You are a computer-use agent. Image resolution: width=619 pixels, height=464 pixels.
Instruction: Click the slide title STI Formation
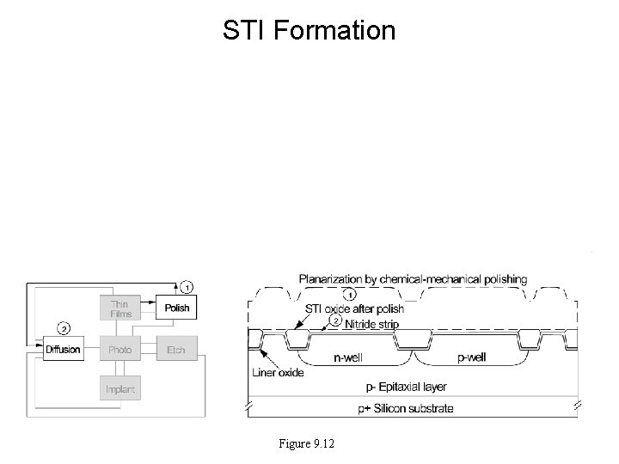click(309, 31)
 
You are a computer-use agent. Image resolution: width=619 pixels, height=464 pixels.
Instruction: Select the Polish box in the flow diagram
click(176, 308)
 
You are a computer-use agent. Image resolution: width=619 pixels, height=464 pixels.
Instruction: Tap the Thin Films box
click(120, 308)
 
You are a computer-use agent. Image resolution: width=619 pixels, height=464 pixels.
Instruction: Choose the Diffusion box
click(63, 350)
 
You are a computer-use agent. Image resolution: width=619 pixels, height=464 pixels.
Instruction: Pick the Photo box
click(120, 350)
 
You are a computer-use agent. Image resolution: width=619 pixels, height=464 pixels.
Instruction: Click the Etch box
click(175, 350)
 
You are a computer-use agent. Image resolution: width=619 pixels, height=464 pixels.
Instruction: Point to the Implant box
click(120, 390)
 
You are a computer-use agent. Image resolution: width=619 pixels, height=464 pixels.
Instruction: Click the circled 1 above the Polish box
click(187, 286)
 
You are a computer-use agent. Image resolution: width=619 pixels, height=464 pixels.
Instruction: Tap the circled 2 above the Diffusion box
click(63, 328)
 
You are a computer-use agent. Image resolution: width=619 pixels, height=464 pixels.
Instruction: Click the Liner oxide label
click(276, 374)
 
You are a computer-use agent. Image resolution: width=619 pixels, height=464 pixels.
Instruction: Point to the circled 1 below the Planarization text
click(350, 294)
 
